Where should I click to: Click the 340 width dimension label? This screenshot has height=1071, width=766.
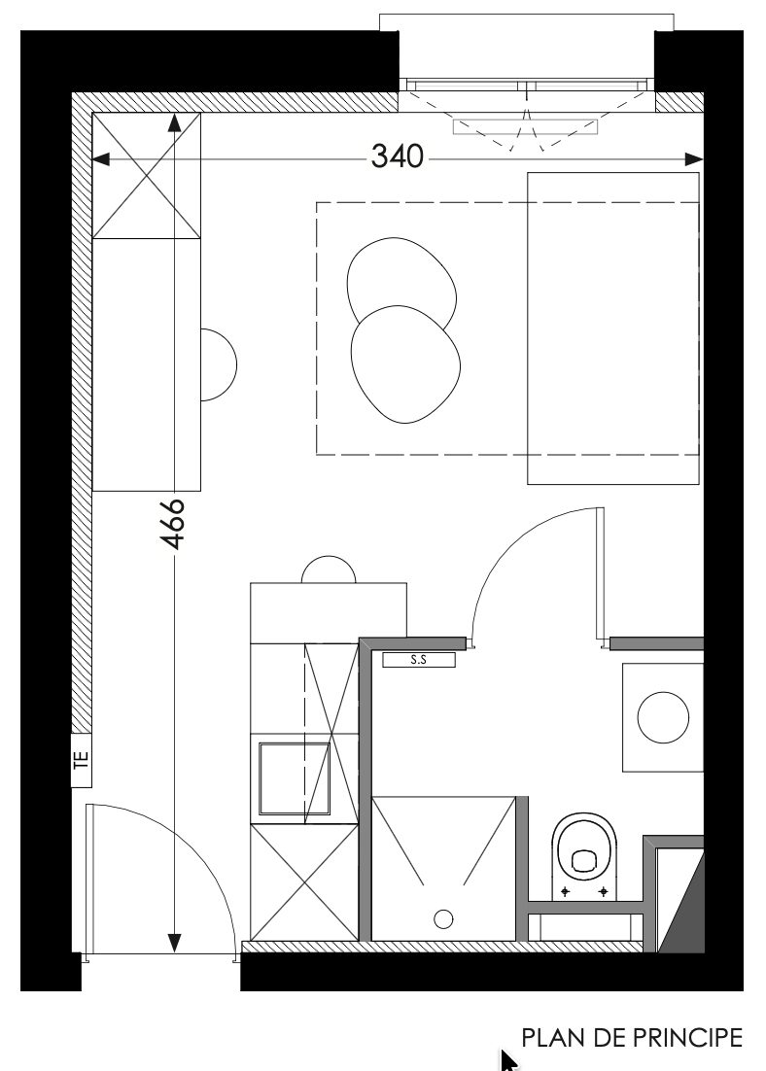[397, 156]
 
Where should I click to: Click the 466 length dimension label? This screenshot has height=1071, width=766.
[173, 524]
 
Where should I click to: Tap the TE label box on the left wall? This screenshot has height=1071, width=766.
[82, 760]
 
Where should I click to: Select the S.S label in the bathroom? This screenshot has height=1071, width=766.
[418, 660]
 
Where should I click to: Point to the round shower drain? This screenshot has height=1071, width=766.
[444, 919]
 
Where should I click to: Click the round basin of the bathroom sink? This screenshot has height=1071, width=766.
[663, 717]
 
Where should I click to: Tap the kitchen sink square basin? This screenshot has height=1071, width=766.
[295, 778]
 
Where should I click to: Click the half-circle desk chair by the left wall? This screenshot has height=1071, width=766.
[218, 364]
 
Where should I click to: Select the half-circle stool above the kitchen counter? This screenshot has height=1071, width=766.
[329, 570]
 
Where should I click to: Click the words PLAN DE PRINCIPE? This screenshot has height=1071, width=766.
[632, 1037]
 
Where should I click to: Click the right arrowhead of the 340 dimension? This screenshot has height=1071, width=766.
[694, 159]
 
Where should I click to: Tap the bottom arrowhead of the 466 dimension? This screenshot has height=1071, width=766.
[175, 943]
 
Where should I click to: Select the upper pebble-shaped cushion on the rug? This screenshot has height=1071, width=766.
[401, 283]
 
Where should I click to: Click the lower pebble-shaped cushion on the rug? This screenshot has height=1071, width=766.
[405, 364]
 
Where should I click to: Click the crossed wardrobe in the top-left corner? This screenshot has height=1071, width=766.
[146, 176]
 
